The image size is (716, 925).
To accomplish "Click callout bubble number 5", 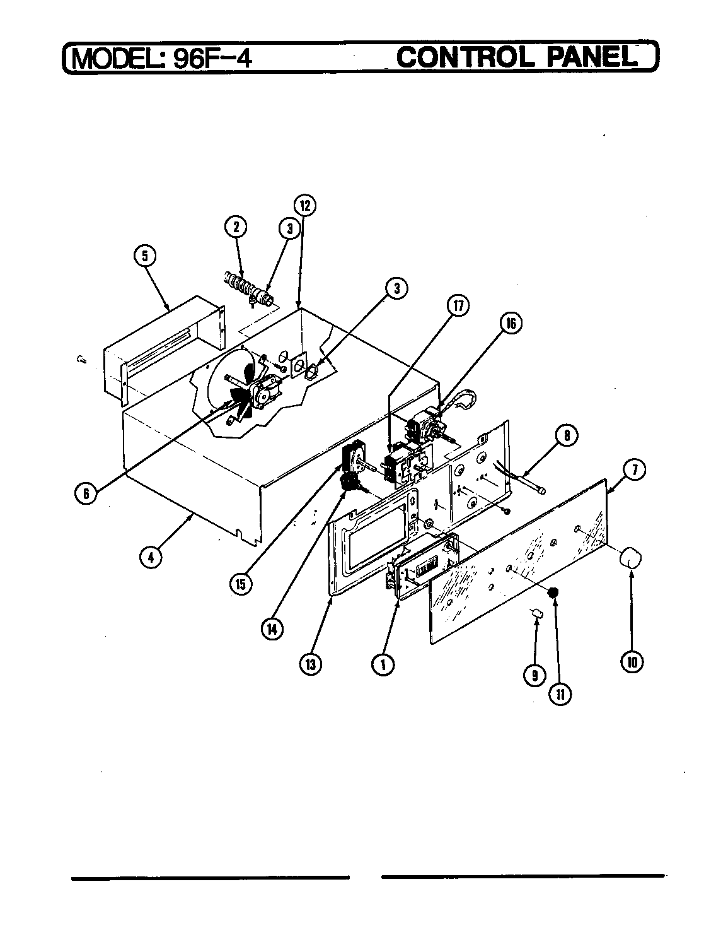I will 146,256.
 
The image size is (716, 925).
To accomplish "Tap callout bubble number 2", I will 236,227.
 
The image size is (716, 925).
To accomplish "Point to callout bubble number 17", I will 458,305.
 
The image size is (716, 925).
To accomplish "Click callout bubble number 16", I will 511,323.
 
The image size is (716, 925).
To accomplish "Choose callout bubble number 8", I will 567,435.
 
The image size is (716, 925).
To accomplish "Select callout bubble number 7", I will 634,469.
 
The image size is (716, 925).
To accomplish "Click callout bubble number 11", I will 560,693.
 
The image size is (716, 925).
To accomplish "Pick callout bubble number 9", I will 534,675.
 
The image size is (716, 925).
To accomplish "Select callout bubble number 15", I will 240,584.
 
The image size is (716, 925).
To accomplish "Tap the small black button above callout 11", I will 553,592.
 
